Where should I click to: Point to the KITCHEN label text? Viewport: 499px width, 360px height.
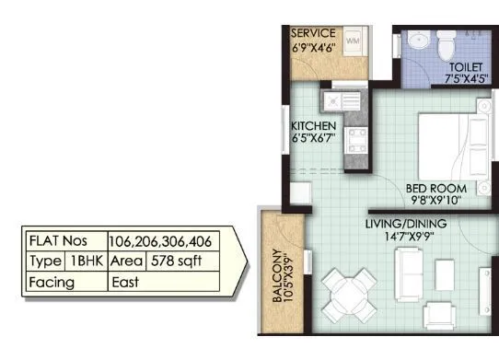[313, 125]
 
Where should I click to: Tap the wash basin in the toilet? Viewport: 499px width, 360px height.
[414, 41]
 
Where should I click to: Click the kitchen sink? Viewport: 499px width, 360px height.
[332, 99]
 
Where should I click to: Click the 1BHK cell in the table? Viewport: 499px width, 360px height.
[87, 261]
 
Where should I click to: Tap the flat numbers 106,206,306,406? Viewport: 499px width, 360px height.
[160, 242]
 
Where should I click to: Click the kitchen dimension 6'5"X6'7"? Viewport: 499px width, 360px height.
[313, 139]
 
